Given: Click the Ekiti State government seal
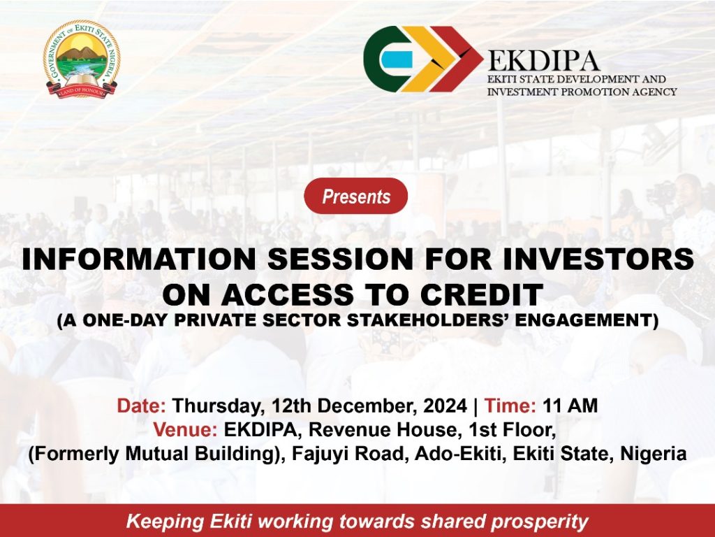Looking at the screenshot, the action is tap(81, 59).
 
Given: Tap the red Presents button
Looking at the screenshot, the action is tap(355, 196).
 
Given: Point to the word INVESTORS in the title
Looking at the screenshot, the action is tap(598, 259).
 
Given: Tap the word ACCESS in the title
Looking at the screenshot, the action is tap(287, 294).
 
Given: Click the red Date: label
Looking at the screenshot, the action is tap(141, 406).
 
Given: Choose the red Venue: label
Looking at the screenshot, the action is tap(185, 430).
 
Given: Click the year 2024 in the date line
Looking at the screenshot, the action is tap(445, 406).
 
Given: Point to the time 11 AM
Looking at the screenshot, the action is tap(570, 406).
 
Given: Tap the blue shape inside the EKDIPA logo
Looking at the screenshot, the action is tap(397, 59).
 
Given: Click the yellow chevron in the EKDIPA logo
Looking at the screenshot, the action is tap(429, 59).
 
